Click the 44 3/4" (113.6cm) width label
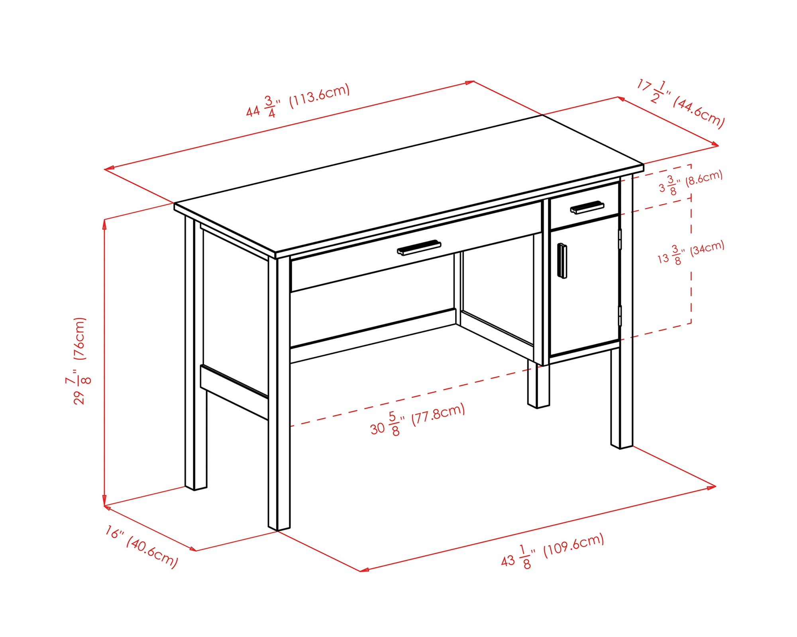point(298,100)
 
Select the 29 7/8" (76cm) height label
point(79,361)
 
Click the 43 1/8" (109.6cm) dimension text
point(553,551)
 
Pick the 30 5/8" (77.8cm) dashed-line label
point(418,420)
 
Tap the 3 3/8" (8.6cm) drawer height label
point(690,183)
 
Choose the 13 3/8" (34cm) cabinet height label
point(690,253)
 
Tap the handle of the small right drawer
point(587,207)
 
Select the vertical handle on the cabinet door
point(562,261)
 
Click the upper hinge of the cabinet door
point(620,239)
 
